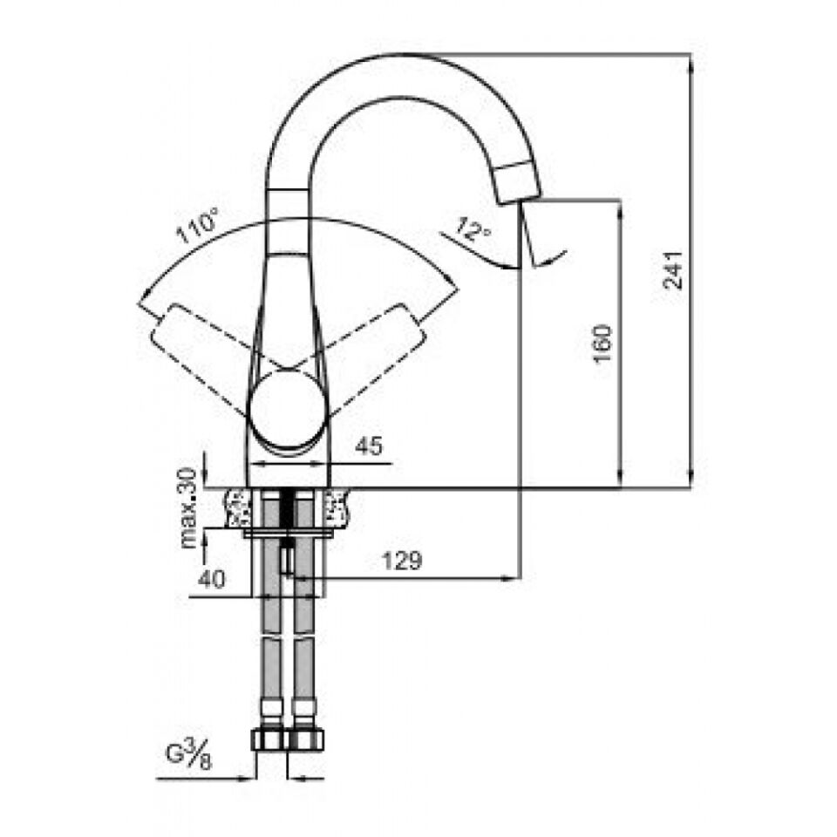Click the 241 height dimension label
673,270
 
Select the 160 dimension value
602,343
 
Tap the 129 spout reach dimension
401,561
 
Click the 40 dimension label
212,579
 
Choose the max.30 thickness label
188,508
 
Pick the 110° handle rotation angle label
197,227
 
